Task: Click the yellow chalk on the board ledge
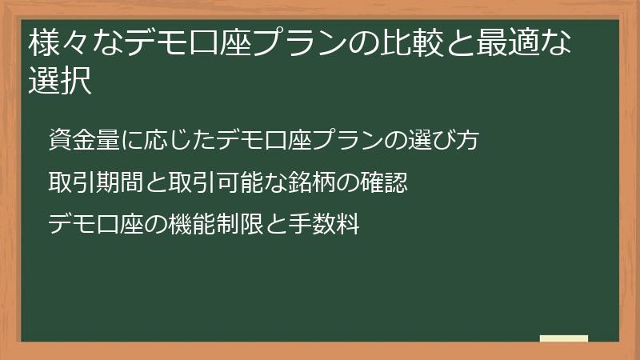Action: [564, 338]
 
